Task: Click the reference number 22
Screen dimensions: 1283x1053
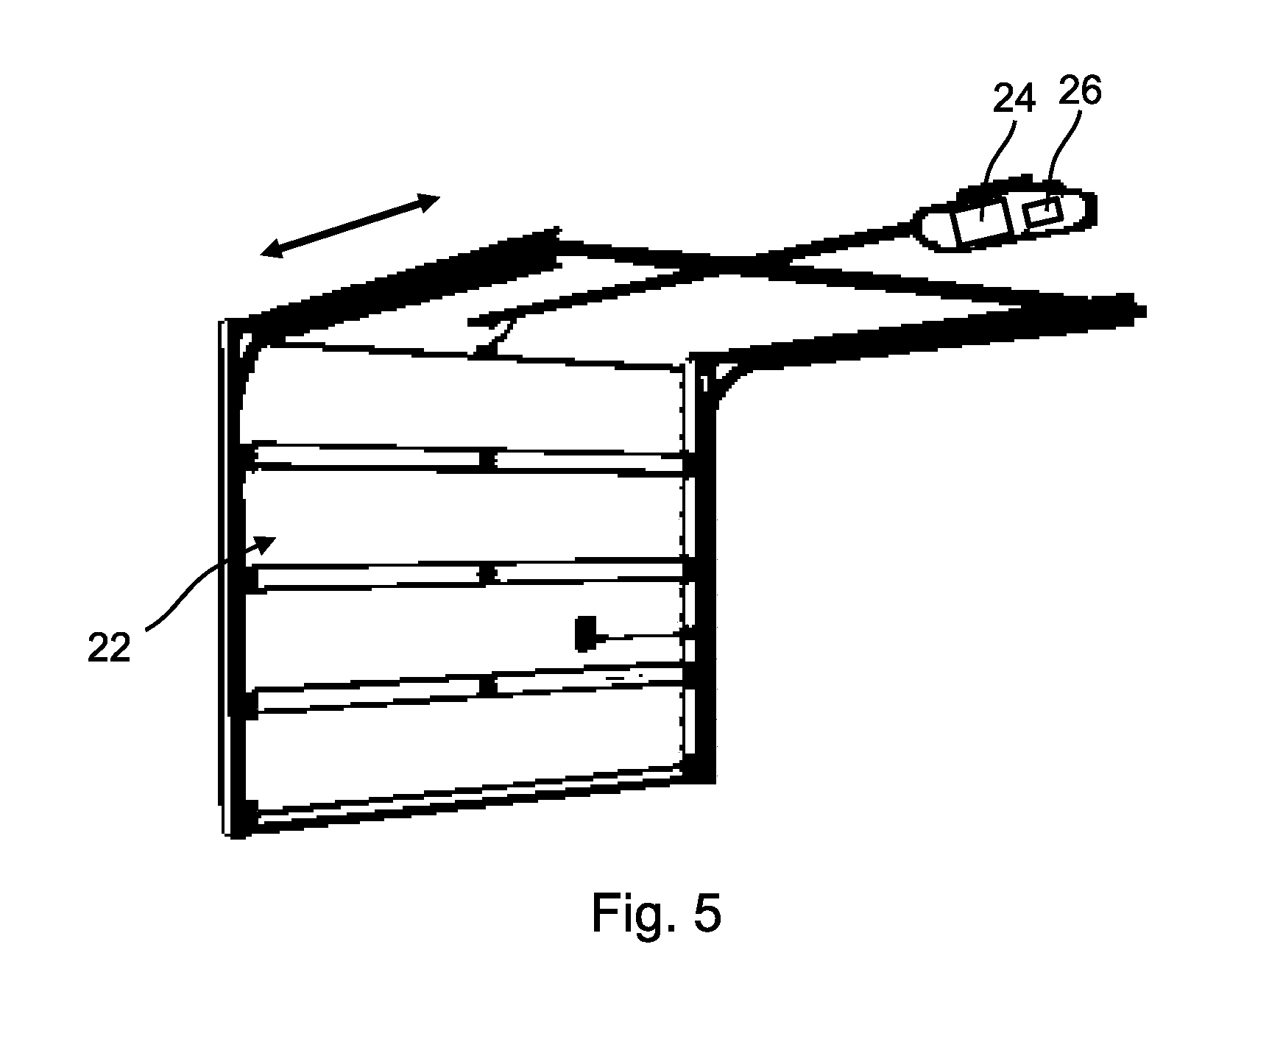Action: point(109,648)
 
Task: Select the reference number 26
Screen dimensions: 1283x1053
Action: point(1080,91)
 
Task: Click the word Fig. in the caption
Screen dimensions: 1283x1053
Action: point(632,913)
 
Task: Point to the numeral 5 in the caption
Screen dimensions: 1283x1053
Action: point(706,914)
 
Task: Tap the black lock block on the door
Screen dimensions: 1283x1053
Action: point(585,634)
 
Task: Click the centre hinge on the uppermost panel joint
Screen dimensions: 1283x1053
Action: point(485,461)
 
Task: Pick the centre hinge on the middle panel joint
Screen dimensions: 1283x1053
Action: point(485,573)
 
